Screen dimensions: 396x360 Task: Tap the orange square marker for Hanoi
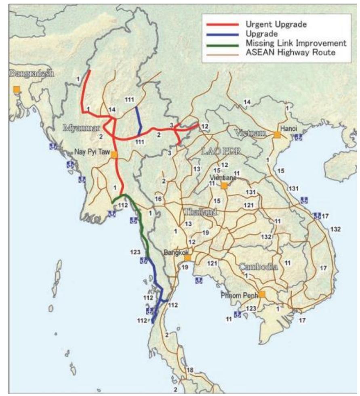(x=277, y=135)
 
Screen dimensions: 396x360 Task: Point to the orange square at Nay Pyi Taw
(x=114, y=154)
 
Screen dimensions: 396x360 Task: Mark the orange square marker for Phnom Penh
(x=262, y=294)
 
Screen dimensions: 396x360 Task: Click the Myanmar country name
(x=81, y=128)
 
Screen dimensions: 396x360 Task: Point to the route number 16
(x=158, y=199)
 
